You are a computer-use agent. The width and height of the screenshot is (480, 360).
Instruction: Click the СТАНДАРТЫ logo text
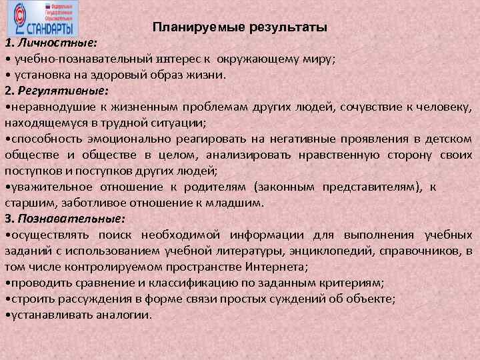pyautogui.click(x=50, y=28)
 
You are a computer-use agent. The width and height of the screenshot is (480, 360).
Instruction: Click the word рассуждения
pyautogui.click(x=89, y=299)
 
